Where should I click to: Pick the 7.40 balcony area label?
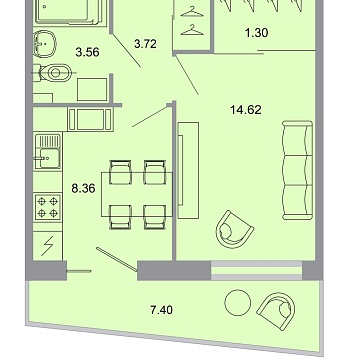click(147, 311)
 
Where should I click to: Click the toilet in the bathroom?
click(55, 72)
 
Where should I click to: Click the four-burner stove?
click(47, 207)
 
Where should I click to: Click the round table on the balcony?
click(237, 302)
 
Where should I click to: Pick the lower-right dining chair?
click(155, 212)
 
